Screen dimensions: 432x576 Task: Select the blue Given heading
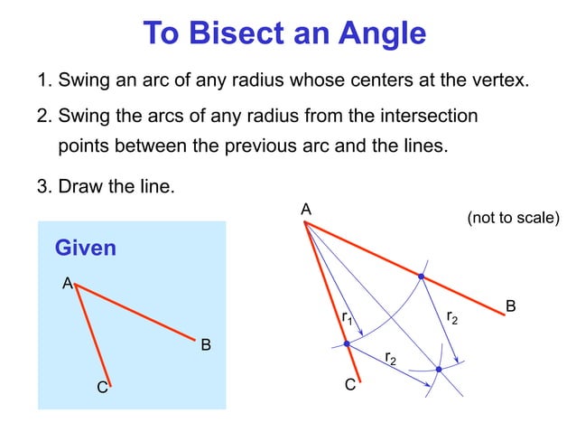pos(86,247)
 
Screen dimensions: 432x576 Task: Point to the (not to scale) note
pos(513,219)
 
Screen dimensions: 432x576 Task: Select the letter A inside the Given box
pos(66,284)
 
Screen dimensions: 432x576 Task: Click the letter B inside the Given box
pos(206,344)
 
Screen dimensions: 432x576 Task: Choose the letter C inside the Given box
pos(103,389)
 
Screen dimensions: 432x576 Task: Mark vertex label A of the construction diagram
pos(306,210)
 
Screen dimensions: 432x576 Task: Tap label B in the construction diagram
pos(510,307)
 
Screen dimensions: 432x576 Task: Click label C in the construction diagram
pos(350,387)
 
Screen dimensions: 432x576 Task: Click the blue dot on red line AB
pos(421,275)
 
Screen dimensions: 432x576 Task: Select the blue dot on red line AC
pos(347,344)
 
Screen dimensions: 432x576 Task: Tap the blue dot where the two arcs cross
pos(439,369)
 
